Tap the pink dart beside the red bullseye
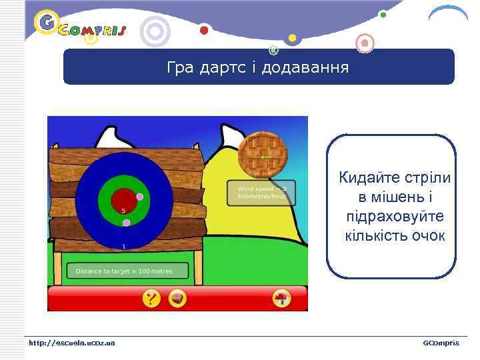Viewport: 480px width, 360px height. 140,197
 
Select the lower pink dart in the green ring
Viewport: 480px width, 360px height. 126,223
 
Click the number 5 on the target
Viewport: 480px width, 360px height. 123,211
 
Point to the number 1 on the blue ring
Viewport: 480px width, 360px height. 123,247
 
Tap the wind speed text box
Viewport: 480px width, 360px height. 261,193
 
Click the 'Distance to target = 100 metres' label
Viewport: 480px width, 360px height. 127,271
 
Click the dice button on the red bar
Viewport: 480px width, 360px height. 177,299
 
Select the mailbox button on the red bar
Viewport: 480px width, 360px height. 282,299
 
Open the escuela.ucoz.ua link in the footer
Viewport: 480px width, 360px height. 71,343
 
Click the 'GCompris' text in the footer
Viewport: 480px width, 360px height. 441,343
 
